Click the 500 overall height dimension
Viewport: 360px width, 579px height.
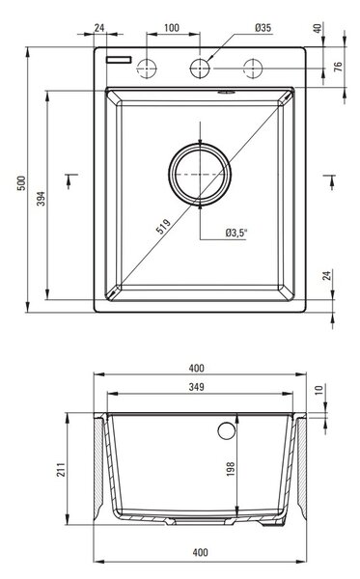22,183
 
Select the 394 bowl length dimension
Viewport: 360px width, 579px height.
42,198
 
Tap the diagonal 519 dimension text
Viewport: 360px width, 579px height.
163,227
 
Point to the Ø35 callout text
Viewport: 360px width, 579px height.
263,28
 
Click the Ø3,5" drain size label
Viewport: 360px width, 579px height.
236,233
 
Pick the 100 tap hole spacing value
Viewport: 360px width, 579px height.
172,28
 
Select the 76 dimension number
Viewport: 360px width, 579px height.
338,67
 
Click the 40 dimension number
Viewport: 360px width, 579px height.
318,28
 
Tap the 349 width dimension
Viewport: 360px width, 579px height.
197,387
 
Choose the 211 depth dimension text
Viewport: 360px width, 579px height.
61,469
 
